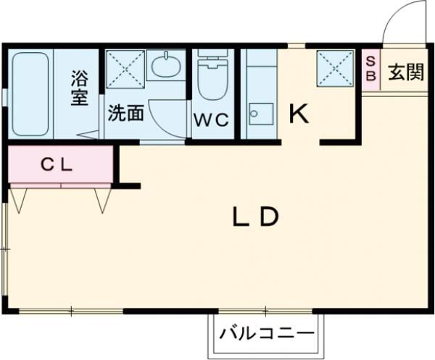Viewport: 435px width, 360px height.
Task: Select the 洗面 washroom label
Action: coord(125,113)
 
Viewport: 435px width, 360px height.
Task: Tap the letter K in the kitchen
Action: coord(299,114)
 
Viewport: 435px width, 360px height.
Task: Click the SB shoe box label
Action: coord(370,69)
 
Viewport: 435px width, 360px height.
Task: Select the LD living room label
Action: coord(255,217)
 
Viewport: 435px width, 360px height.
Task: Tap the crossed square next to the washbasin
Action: coord(125,69)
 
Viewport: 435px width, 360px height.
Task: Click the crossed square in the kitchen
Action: coord(334,69)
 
